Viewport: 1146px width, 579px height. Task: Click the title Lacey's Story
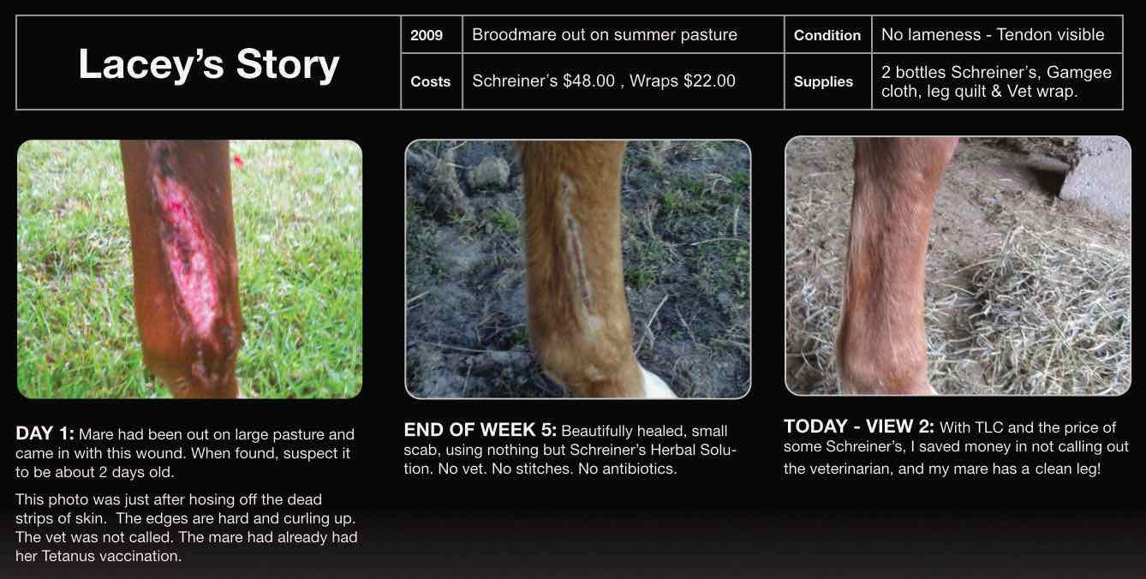tap(209, 65)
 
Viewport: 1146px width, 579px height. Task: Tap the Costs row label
tap(430, 81)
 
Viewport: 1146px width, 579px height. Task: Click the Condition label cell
tap(827, 35)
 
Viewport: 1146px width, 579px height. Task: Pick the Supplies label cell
tap(823, 82)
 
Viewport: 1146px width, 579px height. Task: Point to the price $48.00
tap(588, 81)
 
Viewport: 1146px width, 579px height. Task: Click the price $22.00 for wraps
tap(709, 81)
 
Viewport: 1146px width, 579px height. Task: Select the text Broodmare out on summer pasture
tap(604, 35)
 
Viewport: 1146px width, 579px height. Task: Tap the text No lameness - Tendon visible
tap(993, 35)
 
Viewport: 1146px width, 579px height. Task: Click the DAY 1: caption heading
tap(45, 433)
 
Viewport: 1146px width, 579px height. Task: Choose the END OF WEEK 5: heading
tap(480, 430)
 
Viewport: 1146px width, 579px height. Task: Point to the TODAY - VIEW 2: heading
tap(859, 427)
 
